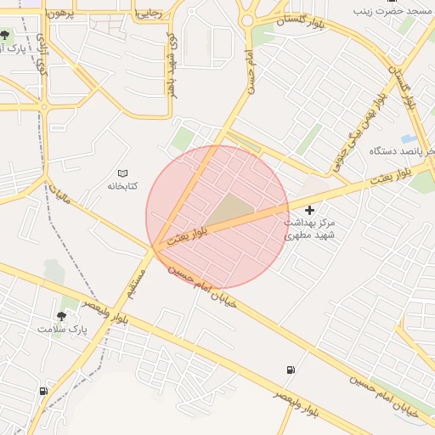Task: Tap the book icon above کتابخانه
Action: tap(122, 173)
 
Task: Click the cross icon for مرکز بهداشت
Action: tap(309, 210)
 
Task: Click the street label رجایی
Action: tap(150, 14)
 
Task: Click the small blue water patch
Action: tap(409, 138)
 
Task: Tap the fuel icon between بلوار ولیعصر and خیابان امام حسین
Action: tap(291, 370)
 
